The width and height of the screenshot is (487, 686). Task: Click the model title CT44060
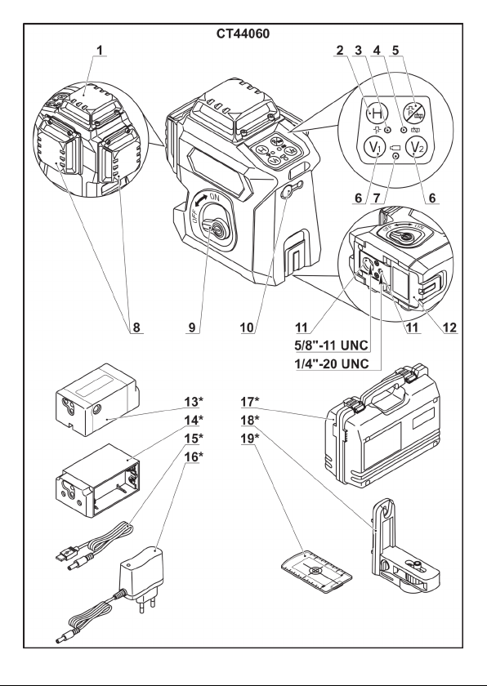click(x=243, y=33)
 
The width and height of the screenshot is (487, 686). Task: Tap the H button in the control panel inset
click(x=377, y=114)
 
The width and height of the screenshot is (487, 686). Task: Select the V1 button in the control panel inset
click(x=373, y=148)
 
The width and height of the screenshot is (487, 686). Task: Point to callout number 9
click(x=193, y=327)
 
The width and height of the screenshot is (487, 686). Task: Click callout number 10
click(x=248, y=327)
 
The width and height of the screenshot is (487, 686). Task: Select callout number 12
click(x=449, y=327)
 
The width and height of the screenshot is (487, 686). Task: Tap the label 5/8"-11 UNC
click(x=331, y=345)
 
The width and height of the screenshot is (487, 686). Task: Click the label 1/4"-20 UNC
click(x=331, y=363)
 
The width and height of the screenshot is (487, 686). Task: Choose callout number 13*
click(x=194, y=401)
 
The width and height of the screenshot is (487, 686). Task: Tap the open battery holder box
click(x=98, y=480)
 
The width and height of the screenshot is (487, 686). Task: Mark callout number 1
click(x=101, y=51)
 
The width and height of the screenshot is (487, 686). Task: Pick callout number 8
click(x=136, y=327)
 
